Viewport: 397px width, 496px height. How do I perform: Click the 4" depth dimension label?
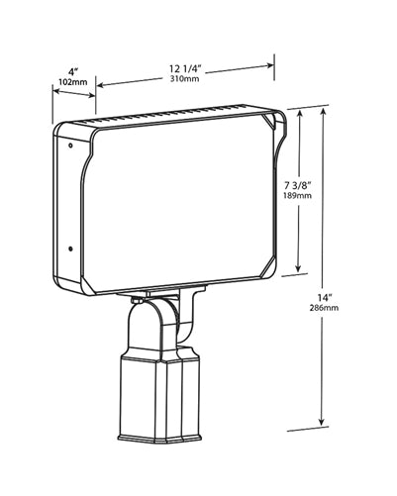73,71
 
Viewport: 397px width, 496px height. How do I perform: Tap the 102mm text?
73,82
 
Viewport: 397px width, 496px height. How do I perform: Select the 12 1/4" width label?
185,68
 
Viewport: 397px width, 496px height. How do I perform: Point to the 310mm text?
185,78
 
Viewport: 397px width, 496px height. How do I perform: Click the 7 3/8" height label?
297,185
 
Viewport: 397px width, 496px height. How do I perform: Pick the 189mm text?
297,195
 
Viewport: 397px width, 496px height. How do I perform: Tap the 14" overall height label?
325,298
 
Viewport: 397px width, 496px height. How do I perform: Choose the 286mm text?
324,308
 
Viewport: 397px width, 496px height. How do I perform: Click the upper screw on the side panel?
70,145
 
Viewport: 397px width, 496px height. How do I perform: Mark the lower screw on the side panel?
70,248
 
